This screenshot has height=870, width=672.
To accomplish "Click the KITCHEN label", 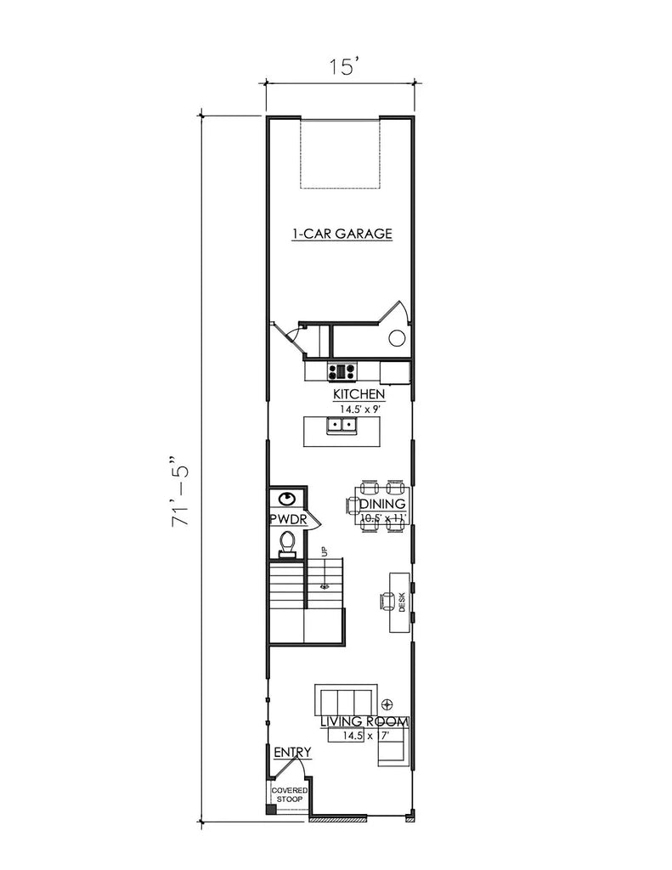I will [359, 395].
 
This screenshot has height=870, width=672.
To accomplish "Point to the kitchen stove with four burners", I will [343, 370].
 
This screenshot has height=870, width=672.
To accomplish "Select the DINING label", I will [381, 504].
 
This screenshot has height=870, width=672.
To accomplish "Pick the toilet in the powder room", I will [287, 541].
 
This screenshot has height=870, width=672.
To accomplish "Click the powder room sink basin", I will [288, 499].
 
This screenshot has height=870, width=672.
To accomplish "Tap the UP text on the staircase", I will [324, 551].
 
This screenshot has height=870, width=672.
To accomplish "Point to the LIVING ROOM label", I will [364, 722].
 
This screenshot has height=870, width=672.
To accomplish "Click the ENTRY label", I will [291, 752].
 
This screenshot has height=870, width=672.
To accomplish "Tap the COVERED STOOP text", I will [289, 795].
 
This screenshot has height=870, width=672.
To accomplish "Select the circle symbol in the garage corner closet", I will [396, 339].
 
